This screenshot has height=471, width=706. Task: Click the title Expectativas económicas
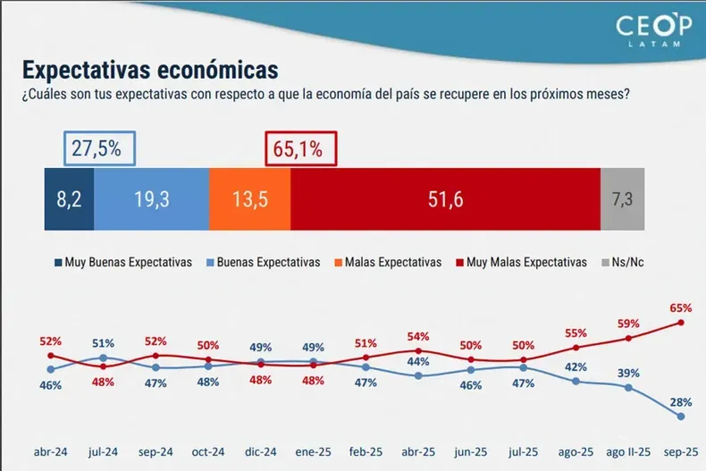pyautogui.click(x=150, y=70)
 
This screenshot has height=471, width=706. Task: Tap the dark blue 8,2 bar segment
pyautogui.click(x=69, y=199)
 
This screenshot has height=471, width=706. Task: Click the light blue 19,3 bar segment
pyautogui.click(x=151, y=199)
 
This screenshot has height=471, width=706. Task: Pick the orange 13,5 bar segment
pyautogui.click(x=249, y=199)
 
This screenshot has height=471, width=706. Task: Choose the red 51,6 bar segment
pyautogui.click(x=444, y=199)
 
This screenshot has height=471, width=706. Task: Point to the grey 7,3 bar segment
pyautogui.click(x=622, y=199)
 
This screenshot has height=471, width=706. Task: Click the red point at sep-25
pyautogui.click(x=681, y=323)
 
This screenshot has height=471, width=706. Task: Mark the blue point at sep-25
pyautogui.click(x=681, y=416)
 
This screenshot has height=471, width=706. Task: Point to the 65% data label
pyautogui.click(x=681, y=307)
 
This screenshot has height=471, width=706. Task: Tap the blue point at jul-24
pyautogui.click(x=103, y=357)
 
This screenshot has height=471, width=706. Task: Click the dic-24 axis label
pyautogui.click(x=260, y=453)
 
